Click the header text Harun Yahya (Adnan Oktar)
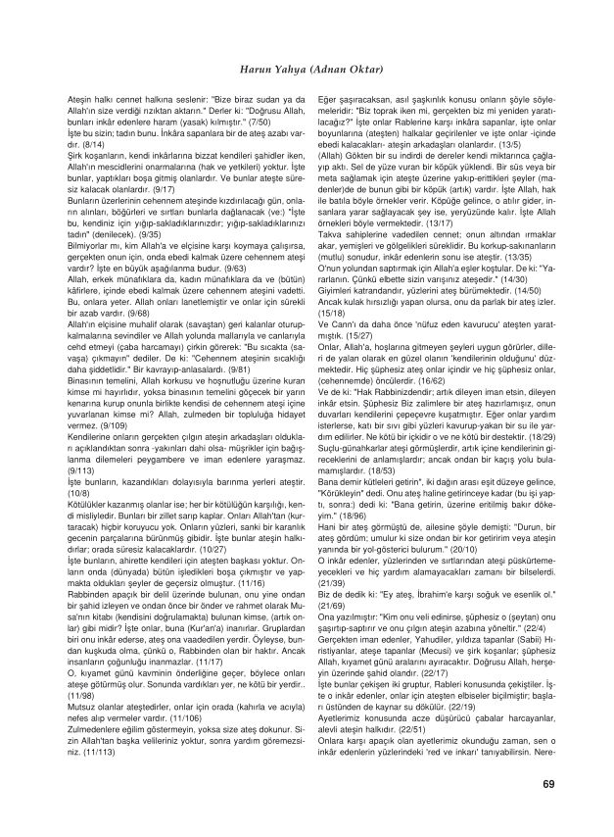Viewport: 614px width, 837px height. tap(307, 71)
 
